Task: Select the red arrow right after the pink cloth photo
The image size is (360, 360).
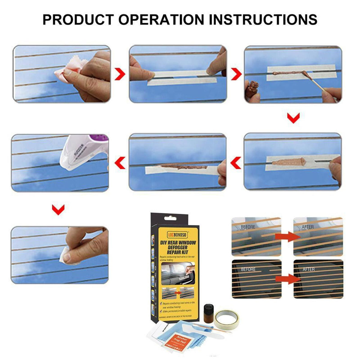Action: (120, 74)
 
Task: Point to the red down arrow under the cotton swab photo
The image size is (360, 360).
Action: (293, 118)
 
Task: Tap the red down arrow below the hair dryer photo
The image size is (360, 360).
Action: (58, 209)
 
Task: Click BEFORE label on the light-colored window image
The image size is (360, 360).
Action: (248, 227)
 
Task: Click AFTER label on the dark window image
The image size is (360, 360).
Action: (309, 269)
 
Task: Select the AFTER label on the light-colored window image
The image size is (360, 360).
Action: (307, 227)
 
